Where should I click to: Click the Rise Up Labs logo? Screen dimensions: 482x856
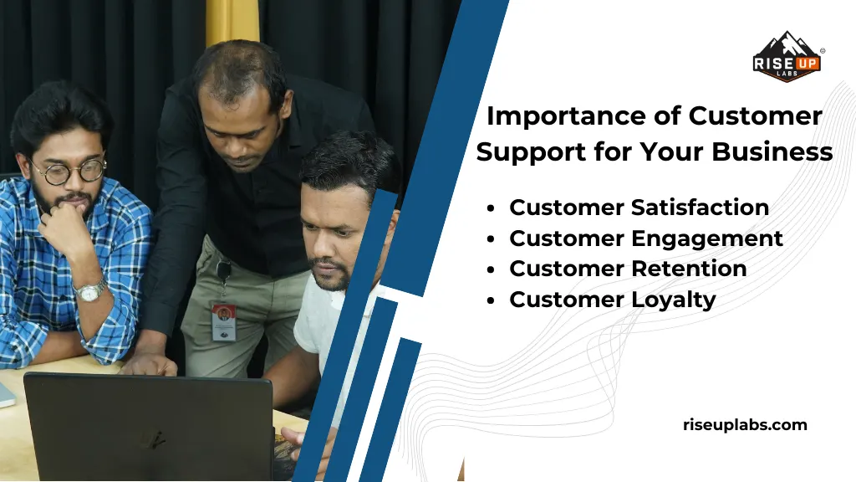pos(787,57)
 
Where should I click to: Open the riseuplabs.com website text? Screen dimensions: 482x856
pos(745,425)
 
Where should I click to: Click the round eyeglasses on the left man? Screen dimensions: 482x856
pos(69,171)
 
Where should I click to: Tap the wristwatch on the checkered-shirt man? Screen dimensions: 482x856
pos(90,291)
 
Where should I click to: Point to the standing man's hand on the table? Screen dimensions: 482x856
pos(150,364)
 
